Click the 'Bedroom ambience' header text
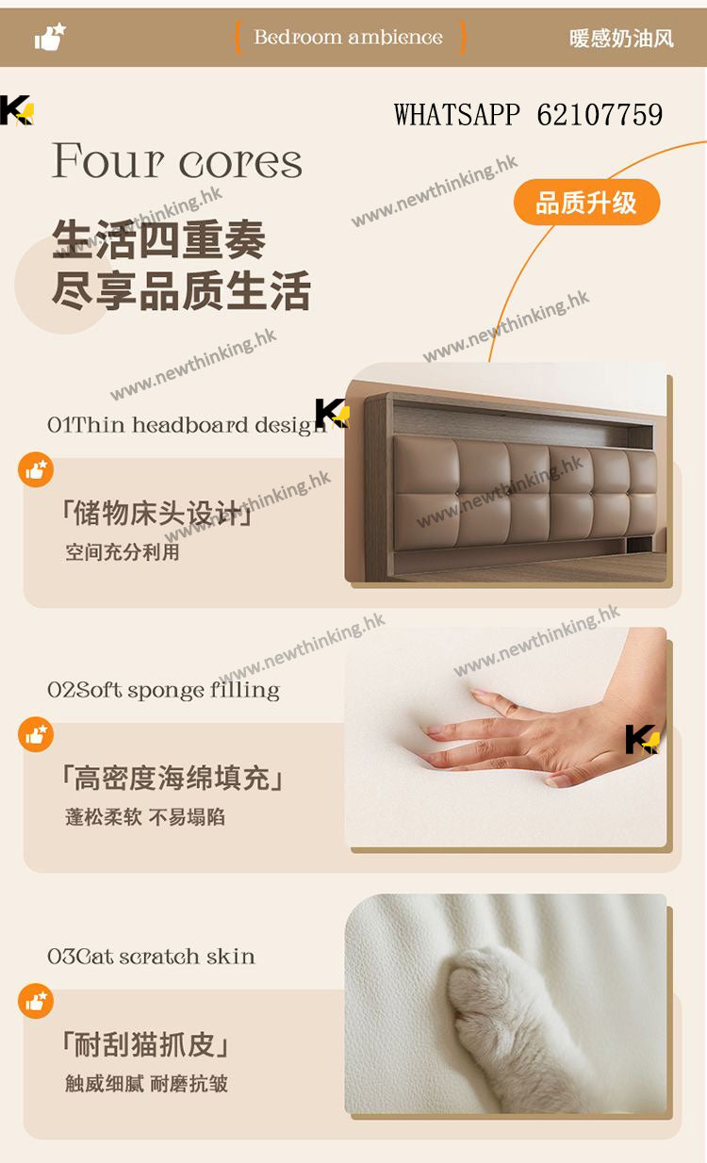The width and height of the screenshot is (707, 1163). pos(348,38)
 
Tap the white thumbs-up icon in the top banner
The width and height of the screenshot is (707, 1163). pos(50,37)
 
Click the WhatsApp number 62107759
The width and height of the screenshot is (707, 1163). pos(600,115)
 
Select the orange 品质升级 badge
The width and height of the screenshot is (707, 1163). pos(586,202)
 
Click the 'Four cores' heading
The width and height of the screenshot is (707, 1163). pos(176,160)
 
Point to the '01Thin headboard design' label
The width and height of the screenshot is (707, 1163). pos(187,425)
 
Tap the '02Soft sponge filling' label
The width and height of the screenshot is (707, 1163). pos(164,690)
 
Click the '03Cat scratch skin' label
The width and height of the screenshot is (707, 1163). pos(151,956)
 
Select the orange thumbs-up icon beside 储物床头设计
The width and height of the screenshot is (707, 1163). pos(36,470)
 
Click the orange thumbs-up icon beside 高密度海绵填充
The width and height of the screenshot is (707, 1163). pos(36,735)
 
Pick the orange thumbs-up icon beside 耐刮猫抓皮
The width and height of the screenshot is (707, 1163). pos(36,1001)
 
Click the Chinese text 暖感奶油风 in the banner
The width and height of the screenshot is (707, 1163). pos(621,39)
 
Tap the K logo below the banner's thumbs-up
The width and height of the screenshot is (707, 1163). pos(17,110)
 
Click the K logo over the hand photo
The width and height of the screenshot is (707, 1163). pos(643,739)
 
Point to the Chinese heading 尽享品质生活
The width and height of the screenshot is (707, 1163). pos(181,290)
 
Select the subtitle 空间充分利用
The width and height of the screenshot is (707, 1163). pos(123,552)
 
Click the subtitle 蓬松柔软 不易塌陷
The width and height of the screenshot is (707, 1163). pos(145,817)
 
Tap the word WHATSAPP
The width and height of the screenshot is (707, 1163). pos(456,115)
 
